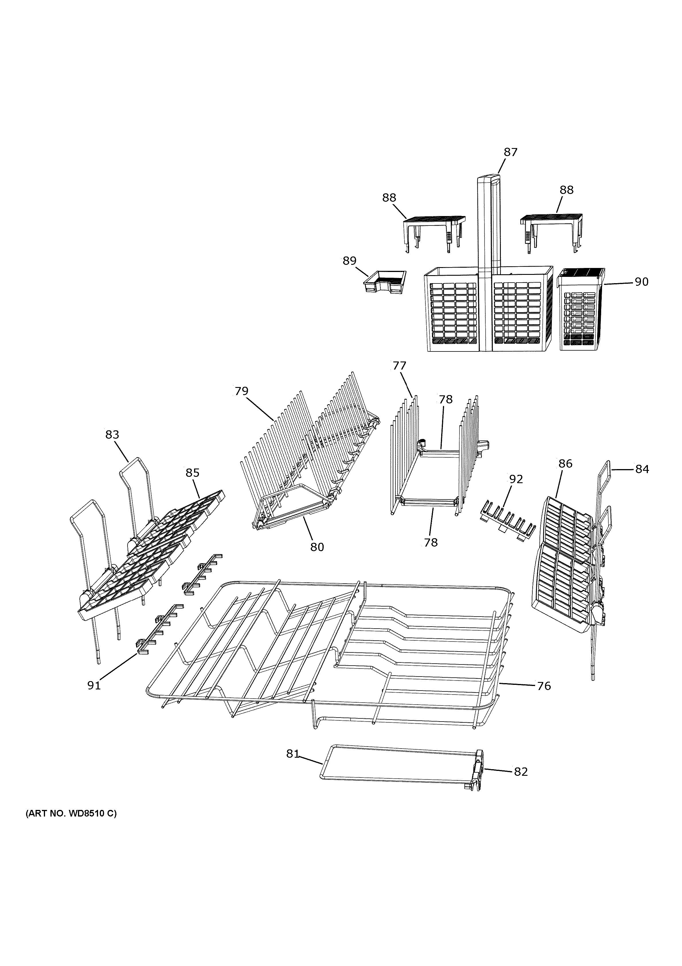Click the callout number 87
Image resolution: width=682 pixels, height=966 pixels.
pos(511,152)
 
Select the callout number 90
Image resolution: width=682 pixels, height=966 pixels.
pos(641,282)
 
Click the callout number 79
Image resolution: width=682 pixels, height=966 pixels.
pos(241,391)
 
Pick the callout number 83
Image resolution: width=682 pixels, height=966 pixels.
pos(112,435)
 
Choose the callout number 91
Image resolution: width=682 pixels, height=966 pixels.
pos(94,685)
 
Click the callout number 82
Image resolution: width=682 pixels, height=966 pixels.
pos(521,771)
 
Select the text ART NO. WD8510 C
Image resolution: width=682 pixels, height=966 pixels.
pos(71,825)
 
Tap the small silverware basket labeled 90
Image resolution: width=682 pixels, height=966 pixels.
pos(581,311)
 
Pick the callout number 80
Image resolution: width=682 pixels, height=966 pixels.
pos(317,547)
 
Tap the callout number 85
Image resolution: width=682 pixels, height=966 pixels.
pos(193,473)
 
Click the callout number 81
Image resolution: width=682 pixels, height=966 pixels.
pos(293,754)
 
